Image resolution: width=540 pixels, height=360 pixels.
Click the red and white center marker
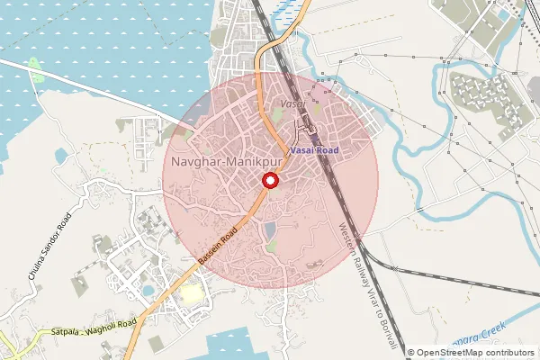270,181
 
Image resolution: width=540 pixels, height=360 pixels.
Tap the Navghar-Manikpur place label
226,162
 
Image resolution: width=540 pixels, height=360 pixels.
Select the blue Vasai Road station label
314,150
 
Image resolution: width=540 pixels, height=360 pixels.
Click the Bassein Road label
218,246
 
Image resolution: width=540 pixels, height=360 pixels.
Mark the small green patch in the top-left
34,66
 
